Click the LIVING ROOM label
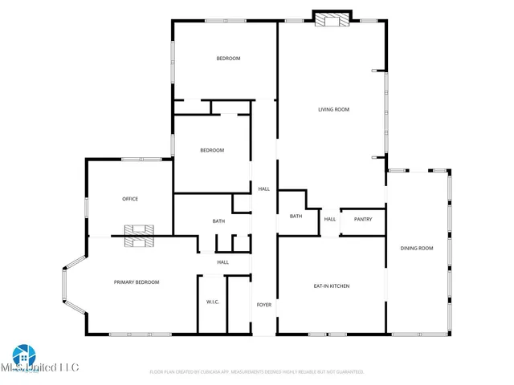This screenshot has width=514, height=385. click(x=332, y=110)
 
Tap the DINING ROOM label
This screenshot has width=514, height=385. click(x=417, y=249)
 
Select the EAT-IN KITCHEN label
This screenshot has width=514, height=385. click(x=331, y=286)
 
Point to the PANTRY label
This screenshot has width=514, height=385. click(x=363, y=219)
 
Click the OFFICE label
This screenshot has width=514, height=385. click(x=130, y=199)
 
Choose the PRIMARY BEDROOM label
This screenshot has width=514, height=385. click(x=137, y=282)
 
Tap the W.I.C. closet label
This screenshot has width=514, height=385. click(x=213, y=302)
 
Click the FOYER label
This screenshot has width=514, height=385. click(x=263, y=305)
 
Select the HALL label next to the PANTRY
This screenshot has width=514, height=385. click(x=330, y=219)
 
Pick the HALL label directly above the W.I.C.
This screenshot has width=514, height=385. click(x=222, y=262)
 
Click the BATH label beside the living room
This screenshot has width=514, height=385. click(x=296, y=216)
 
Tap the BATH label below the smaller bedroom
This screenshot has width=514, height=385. click(x=218, y=221)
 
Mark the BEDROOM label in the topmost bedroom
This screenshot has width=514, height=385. click(x=228, y=59)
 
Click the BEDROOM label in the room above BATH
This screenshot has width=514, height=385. click(x=212, y=151)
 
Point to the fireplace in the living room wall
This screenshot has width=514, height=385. click(x=332, y=19)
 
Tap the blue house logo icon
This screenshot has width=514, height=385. click(x=22, y=355)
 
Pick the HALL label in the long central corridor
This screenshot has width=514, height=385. click(x=263, y=189)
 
